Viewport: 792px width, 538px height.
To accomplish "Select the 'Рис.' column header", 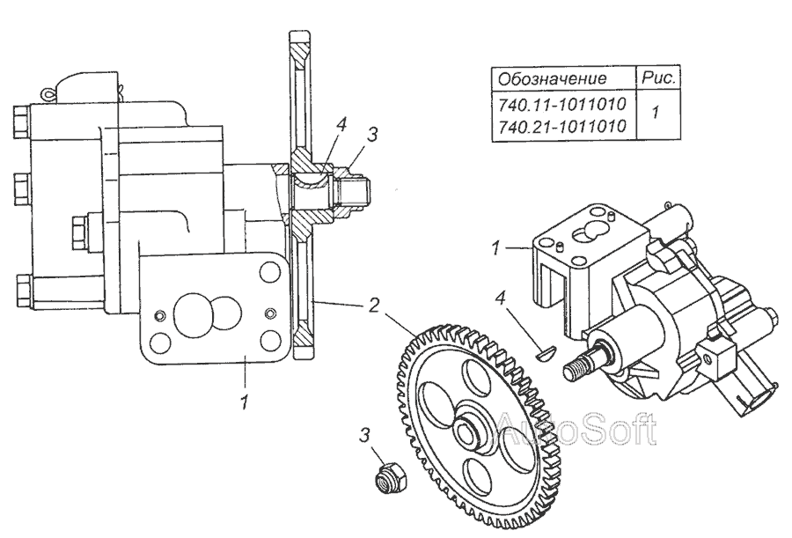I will tap(659, 77).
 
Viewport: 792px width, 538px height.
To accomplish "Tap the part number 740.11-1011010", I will tap(561, 105).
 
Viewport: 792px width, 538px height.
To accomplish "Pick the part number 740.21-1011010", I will tap(561, 127).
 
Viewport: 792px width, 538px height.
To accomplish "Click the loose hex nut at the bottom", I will tap(385, 477).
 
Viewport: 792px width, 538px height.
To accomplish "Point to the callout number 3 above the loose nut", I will tap(363, 436).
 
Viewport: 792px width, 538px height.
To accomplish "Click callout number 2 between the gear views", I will tap(372, 306).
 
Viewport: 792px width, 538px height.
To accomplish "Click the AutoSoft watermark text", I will tap(576, 428).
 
